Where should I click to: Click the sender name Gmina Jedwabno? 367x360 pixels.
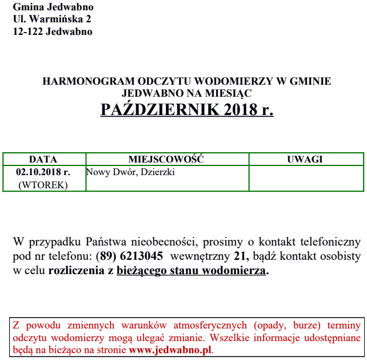pyautogui.click(x=53, y=7)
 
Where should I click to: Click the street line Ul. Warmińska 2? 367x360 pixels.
pyautogui.click(x=52, y=19)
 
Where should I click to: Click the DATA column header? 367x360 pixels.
pyautogui.click(x=43, y=159)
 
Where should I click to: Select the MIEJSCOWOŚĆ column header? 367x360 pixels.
pyautogui.click(x=166, y=159)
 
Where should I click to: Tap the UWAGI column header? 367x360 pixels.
pyautogui.click(x=305, y=159)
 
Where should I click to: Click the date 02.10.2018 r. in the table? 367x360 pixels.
pyautogui.click(x=43, y=172)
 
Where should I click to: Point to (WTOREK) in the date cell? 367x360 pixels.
pyautogui.click(x=43, y=185)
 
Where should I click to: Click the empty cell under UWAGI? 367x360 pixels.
pyautogui.click(x=305, y=178)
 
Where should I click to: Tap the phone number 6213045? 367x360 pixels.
pyautogui.click(x=141, y=255)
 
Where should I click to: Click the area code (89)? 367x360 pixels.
pyautogui.click(x=106, y=255)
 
